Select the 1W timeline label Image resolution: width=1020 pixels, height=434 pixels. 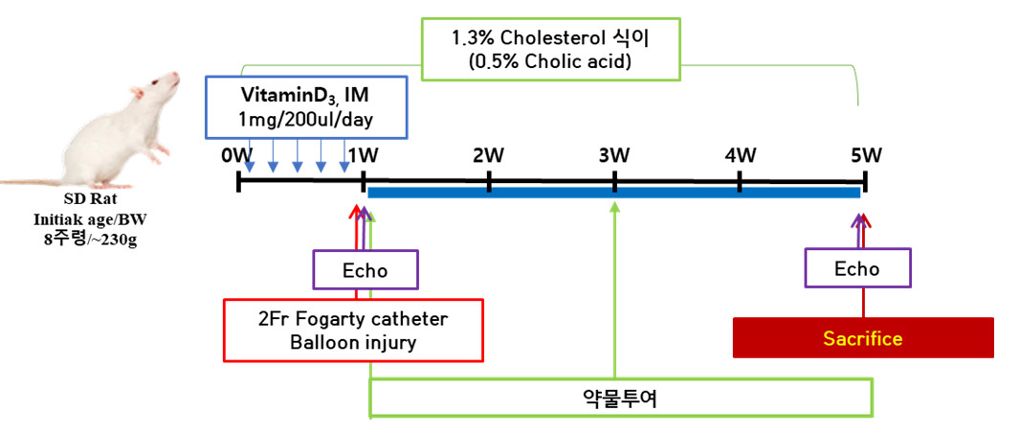coord(363,155)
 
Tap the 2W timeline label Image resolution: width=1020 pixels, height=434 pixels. coord(488,155)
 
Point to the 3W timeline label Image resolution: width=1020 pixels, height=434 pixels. coord(614,155)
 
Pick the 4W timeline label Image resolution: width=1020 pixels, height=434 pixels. coord(740,155)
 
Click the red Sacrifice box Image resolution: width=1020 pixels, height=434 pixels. coord(863,338)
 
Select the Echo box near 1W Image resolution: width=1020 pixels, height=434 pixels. coord(366,269)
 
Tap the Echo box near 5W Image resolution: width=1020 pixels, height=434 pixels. coord(857,268)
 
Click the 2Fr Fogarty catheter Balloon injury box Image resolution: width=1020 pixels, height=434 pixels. coord(353,330)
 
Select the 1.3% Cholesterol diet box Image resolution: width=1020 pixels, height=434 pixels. coord(553,48)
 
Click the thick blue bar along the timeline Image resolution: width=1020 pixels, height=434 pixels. coord(613,193)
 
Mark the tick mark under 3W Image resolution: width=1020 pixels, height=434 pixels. coord(614,181)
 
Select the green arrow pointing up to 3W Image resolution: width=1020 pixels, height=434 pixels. coord(614,287)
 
